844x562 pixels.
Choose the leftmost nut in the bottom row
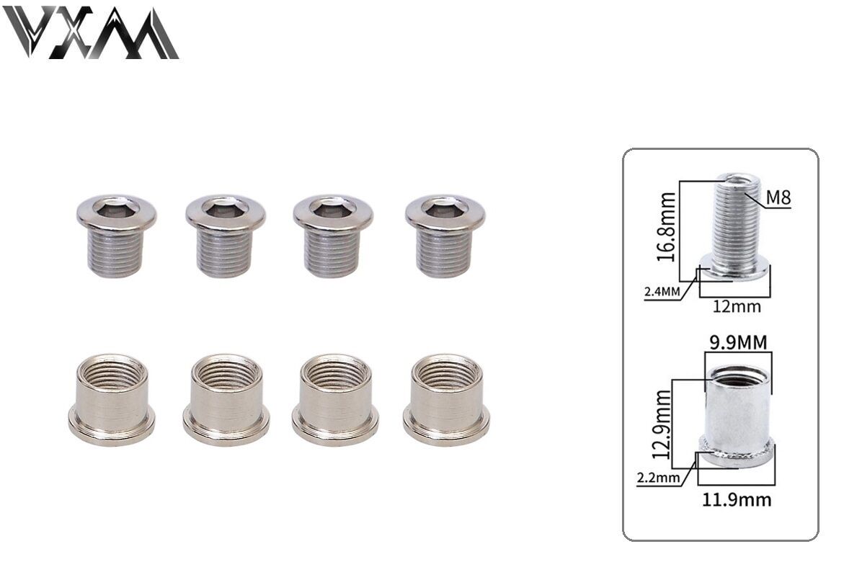pyautogui.click(x=112, y=399)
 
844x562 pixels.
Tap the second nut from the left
pyautogui.click(x=226, y=399)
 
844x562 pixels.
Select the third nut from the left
pyautogui.click(x=335, y=399)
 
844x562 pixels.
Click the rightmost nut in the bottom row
pyautogui.click(x=446, y=399)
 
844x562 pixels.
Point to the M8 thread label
pyautogui.click(x=778, y=197)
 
